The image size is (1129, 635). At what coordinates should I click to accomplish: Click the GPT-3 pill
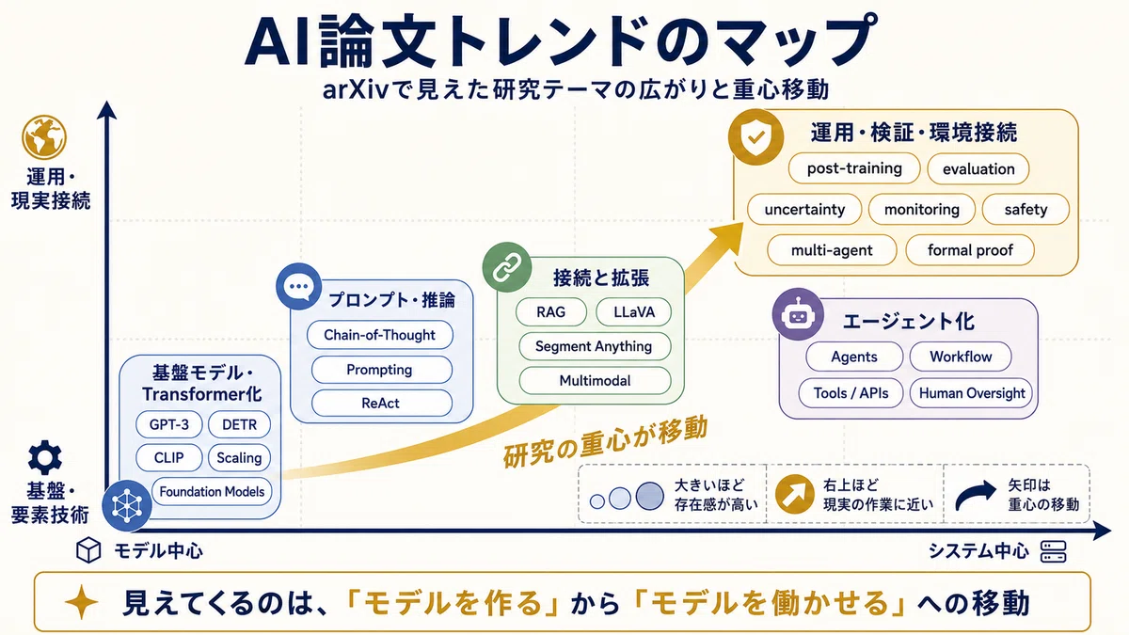click(x=168, y=424)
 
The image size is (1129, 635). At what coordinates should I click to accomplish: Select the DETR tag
click(x=239, y=424)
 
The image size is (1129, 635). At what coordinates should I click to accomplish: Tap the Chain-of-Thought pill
click(x=379, y=335)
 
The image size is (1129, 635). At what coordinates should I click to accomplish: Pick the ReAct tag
click(x=381, y=404)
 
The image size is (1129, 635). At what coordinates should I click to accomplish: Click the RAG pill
click(x=551, y=312)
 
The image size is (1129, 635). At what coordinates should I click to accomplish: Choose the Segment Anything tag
click(x=595, y=346)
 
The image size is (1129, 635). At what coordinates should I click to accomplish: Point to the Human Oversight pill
click(x=971, y=393)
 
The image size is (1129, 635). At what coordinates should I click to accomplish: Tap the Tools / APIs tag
click(x=851, y=393)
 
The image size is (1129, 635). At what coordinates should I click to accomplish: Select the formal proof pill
click(x=970, y=250)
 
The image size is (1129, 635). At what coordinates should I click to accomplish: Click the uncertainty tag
click(x=804, y=209)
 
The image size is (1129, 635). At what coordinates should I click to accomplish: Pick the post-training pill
click(x=854, y=168)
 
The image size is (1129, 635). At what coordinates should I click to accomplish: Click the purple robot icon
click(x=798, y=314)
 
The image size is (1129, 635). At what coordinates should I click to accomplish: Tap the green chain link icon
click(x=506, y=267)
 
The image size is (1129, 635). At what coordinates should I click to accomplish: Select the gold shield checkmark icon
click(x=755, y=137)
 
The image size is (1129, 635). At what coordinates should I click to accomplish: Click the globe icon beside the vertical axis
click(x=44, y=137)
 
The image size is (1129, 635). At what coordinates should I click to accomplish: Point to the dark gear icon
click(x=45, y=457)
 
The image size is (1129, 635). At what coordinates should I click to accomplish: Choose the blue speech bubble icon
click(x=299, y=287)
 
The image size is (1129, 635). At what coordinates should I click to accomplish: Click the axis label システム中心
click(x=978, y=551)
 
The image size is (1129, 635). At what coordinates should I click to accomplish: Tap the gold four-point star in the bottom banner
click(x=81, y=602)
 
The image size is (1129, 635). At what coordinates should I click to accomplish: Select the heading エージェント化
click(x=908, y=321)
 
